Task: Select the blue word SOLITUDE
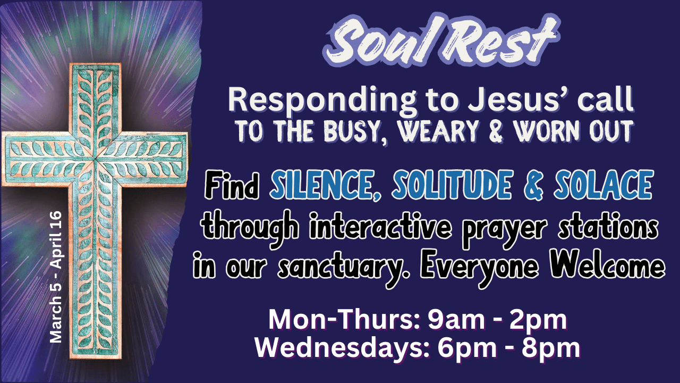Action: click(x=452, y=185)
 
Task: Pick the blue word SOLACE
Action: click(x=603, y=185)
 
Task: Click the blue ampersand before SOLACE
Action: click(x=533, y=185)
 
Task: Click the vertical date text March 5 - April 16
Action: click(x=56, y=277)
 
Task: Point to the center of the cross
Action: click(x=95, y=159)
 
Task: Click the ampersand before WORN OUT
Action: click(x=496, y=132)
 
